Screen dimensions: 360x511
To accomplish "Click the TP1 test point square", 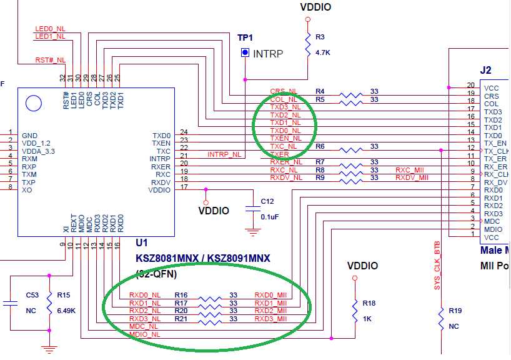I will [245, 53].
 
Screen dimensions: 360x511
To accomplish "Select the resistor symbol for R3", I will [307, 44].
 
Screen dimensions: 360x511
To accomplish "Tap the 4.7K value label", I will [323, 52].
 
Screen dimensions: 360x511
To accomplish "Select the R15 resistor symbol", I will [49, 302].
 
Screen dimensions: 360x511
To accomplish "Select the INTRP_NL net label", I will [224, 154].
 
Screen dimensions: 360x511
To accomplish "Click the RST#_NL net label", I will [50, 60].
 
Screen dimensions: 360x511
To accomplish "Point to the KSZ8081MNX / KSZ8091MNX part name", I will [203, 257].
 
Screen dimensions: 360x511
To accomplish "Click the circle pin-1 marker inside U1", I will [36, 102].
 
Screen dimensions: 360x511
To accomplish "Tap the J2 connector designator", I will [485, 71].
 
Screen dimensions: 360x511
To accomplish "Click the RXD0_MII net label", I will [270, 295].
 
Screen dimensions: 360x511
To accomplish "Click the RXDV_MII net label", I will [412, 177].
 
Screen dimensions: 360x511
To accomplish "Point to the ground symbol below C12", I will [252, 232].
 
